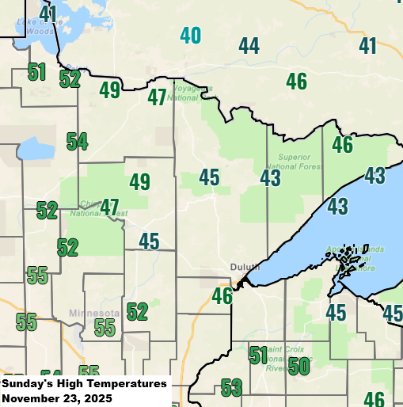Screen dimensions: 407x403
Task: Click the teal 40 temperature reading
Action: click(x=190, y=36)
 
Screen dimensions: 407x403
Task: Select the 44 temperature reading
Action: click(x=249, y=47)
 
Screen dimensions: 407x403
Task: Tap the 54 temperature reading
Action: click(x=77, y=143)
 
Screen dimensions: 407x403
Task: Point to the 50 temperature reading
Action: click(x=298, y=367)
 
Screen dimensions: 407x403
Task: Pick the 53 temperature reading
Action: click(x=231, y=388)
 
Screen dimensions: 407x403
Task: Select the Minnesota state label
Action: click(x=93, y=313)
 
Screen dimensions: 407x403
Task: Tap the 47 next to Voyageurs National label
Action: click(x=157, y=98)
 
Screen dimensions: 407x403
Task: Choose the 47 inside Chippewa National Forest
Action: click(x=109, y=207)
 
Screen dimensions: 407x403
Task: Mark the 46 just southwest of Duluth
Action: click(x=222, y=297)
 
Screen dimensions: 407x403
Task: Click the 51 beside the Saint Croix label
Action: click(x=258, y=355)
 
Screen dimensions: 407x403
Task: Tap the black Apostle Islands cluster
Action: click(x=345, y=257)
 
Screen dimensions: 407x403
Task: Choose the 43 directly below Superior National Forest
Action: click(x=270, y=178)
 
